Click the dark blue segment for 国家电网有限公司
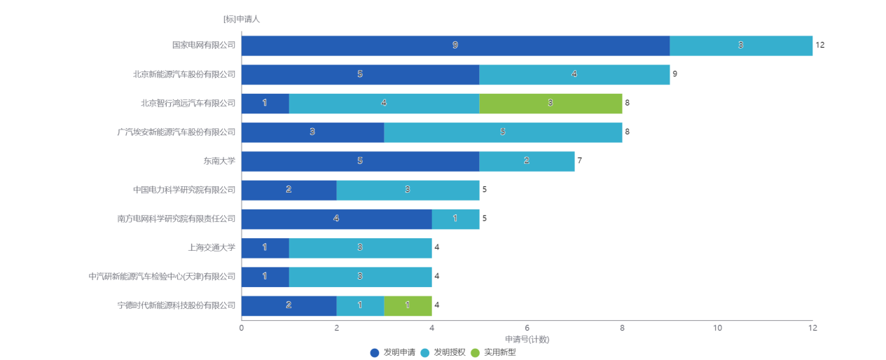(x=455, y=46)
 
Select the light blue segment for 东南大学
(x=527, y=161)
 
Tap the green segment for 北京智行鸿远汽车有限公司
(x=551, y=103)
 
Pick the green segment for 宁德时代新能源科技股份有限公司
(x=408, y=305)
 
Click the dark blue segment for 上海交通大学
(x=265, y=248)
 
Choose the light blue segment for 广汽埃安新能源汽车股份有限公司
(x=503, y=132)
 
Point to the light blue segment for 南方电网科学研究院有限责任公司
(x=455, y=219)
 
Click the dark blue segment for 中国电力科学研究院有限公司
(x=289, y=190)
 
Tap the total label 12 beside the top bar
(x=820, y=45)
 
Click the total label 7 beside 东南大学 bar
(x=579, y=161)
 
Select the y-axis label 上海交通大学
(x=212, y=247)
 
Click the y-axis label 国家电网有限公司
(x=204, y=46)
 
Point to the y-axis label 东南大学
(x=219, y=161)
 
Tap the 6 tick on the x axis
(x=527, y=328)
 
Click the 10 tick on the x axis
(x=717, y=328)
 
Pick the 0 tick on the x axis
(x=242, y=328)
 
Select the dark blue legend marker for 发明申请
(x=375, y=352)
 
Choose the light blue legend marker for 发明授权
(x=425, y=352)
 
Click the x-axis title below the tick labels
(x=527, y=340)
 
